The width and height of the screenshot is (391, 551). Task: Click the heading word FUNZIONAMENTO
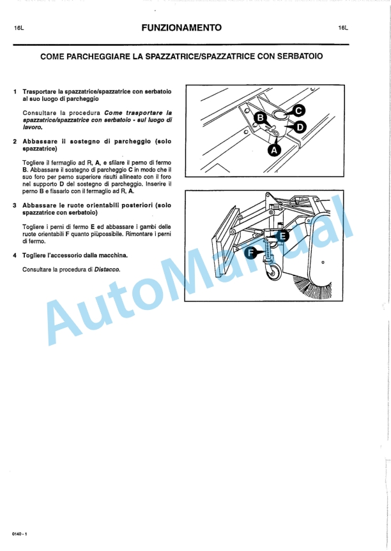[182, 28]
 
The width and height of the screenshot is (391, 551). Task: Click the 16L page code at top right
[344, 29]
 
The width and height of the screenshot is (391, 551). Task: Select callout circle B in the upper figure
[260, 117]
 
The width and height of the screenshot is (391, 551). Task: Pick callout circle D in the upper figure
[296, 128]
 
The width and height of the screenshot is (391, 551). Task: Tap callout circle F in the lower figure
[253, 253]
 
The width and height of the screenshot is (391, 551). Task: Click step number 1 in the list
[15, 92]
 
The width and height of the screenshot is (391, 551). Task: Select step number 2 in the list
[15, 141]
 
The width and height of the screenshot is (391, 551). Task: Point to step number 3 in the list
[15, 205]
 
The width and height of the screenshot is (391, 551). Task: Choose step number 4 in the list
[15, 256]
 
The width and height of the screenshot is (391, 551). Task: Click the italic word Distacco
[107, 269]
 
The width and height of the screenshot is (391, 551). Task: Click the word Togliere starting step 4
[36, 256]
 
